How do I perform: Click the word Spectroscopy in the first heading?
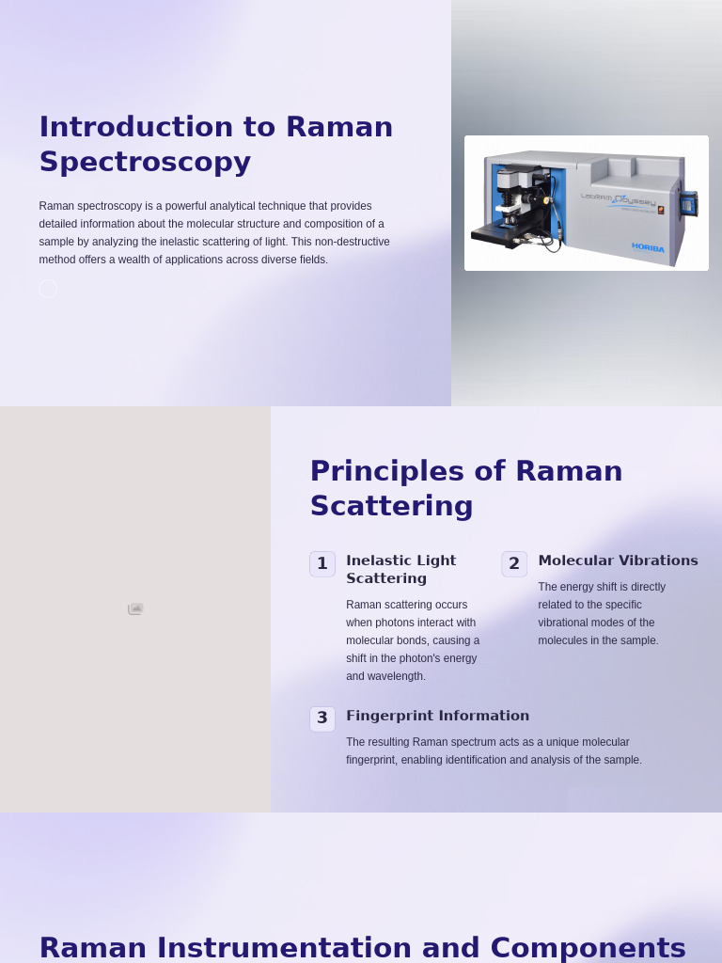click(x=145, y=162)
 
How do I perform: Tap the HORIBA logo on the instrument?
click(x=648, y=247)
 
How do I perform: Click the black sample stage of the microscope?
click(x=498, y=234)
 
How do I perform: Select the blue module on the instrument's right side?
click(x=688, y=204)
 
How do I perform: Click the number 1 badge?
click(x=322, y=564)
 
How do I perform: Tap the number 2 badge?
click(x=514, y=564)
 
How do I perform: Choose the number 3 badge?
click(x=322, y=718)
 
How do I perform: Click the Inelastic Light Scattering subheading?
click(x=400, y=569)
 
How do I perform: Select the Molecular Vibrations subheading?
click(x=618, y=560)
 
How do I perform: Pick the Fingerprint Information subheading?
click(x=437, y=716)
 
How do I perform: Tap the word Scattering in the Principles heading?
click(x=391, y=506)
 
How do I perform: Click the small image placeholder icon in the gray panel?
click(x=135, y=609)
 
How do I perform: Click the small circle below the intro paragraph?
click(x=48, y=289)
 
